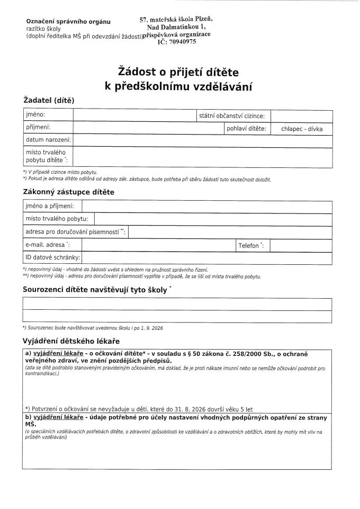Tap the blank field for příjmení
click(148, 128)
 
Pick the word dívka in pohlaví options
click(319, 129)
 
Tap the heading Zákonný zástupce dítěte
click(68, 192)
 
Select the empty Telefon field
click(301, 245)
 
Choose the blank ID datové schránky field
click(207, 258)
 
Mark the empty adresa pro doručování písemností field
click(230, 233)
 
